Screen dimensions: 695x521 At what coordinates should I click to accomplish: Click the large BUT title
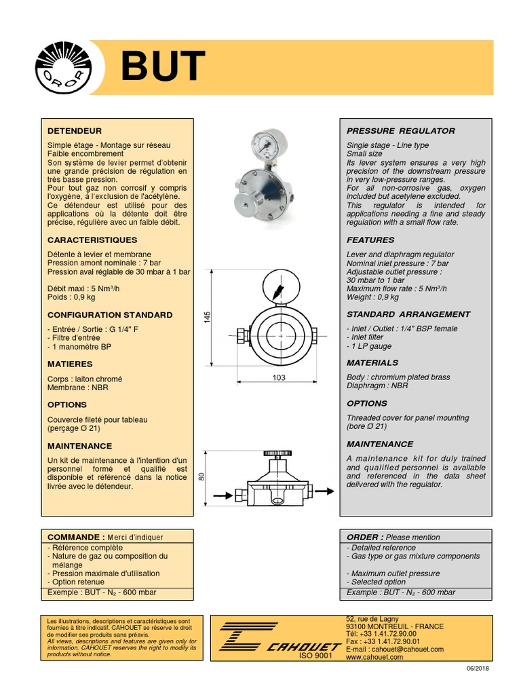(x=163, y=67)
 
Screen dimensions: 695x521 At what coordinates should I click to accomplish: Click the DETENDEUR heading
(x=75, y=130)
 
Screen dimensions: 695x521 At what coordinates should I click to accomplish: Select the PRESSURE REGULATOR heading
(x=401, y=130)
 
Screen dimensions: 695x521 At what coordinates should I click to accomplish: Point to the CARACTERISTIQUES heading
(x=92, y=240)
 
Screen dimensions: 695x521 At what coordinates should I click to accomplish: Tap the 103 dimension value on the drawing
(x=279, y=378)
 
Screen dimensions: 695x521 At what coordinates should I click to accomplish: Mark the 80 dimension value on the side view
(x=202, y=477)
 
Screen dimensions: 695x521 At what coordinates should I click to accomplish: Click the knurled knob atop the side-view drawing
(x=279, y=452)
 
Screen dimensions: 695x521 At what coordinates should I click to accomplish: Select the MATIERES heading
(x=70, y=364)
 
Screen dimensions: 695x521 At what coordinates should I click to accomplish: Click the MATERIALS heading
(x=372, y=362)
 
